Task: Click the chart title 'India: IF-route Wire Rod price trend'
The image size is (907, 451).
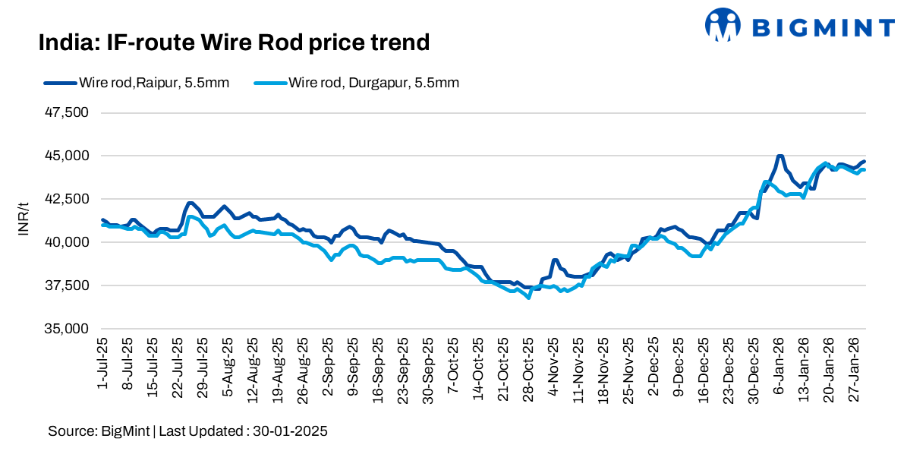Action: tap(234, 43)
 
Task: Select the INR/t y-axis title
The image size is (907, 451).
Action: tap(24, 221)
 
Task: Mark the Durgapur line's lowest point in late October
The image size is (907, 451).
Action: tap(528, 298)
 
